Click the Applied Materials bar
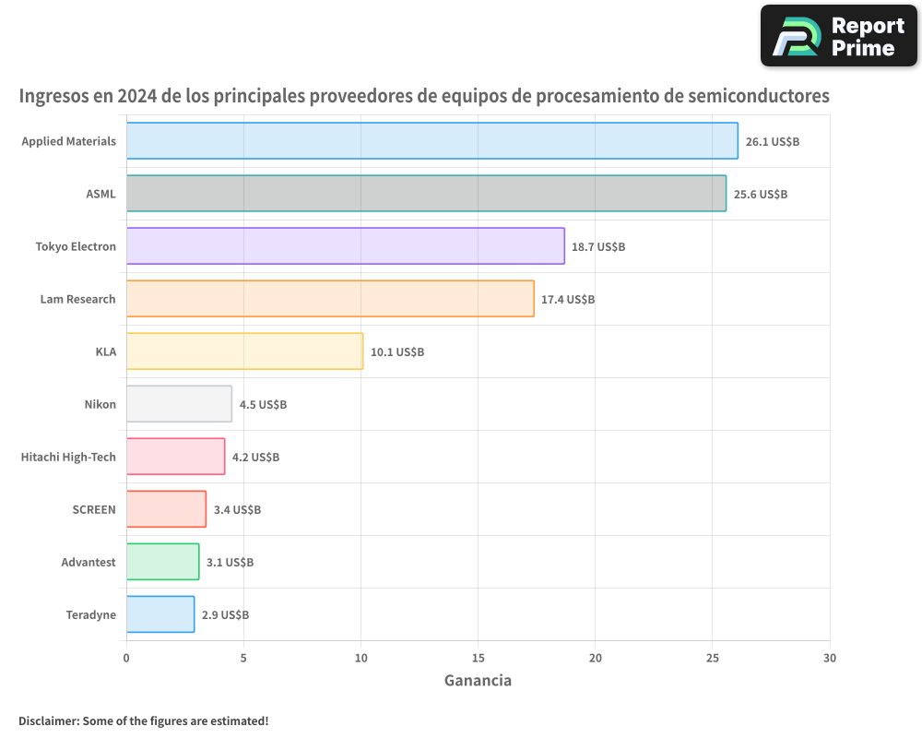431,141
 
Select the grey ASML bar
426,194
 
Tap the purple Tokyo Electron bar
345,246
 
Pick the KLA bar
244,351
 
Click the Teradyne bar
160,614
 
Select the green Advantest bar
162,562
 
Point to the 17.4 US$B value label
568,300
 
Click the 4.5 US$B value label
263,405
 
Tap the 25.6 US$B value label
761,195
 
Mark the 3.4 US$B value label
237,510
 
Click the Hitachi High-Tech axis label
68,457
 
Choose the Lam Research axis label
77,299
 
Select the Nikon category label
100,404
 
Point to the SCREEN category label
94,509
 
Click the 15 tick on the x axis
478,659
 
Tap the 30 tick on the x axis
829,659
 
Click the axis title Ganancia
478,681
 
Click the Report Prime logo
838,36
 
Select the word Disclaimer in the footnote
48,721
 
